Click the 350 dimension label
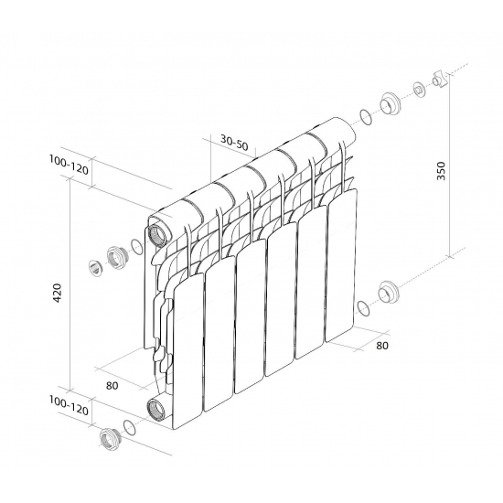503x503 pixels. (442, 170)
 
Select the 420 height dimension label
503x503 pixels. (58, 293)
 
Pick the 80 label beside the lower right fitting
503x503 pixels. (381, 346)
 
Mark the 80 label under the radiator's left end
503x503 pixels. (112, 385)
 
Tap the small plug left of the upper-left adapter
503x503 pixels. (95, 268)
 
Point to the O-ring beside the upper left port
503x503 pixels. (137, 246)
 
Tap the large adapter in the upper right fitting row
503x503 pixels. (391, 103)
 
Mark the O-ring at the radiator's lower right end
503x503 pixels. (364, 306)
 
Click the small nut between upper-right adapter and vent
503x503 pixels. (419, 90)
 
